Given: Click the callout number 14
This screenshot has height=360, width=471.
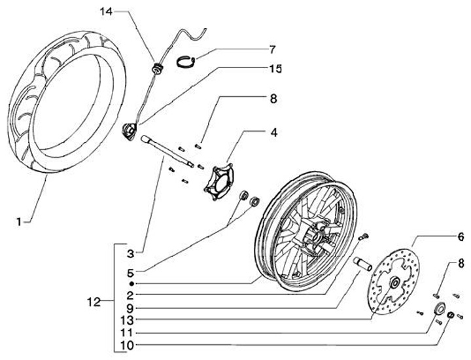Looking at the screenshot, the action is pyautogui.click(x=106, y=12).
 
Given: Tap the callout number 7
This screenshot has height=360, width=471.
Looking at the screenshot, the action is pyautogui.click(x=272, y=50).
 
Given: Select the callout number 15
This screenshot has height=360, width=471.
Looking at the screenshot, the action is pyautogui.click(x=276, y=69).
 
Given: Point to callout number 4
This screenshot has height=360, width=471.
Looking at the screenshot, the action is pyautogui.click(x=273, y=133).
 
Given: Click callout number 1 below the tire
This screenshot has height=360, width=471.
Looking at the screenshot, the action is pyautogui.click(x=19, y=222).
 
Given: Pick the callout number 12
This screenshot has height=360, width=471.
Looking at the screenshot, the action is pyautogui.click(x=94, y=302).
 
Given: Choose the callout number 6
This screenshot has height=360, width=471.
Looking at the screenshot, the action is pyautogui.click(x=461, y=237).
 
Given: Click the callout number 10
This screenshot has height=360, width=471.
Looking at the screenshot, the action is pyautogui.click(x=128, y=346).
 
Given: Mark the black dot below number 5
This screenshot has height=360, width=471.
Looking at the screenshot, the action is pyautogui.click(x=131, y=283).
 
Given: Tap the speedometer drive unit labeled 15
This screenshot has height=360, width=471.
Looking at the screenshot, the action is pyautogui.click(x=129, y=131).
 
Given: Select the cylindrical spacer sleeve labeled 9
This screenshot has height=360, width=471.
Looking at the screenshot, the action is pyautogui.click(x=362, y=264).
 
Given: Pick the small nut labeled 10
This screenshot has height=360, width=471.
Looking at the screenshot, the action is pyautogui.click(x=450, y=315).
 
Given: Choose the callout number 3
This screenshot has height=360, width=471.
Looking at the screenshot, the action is pyautogui.click(x=130, y=254).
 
